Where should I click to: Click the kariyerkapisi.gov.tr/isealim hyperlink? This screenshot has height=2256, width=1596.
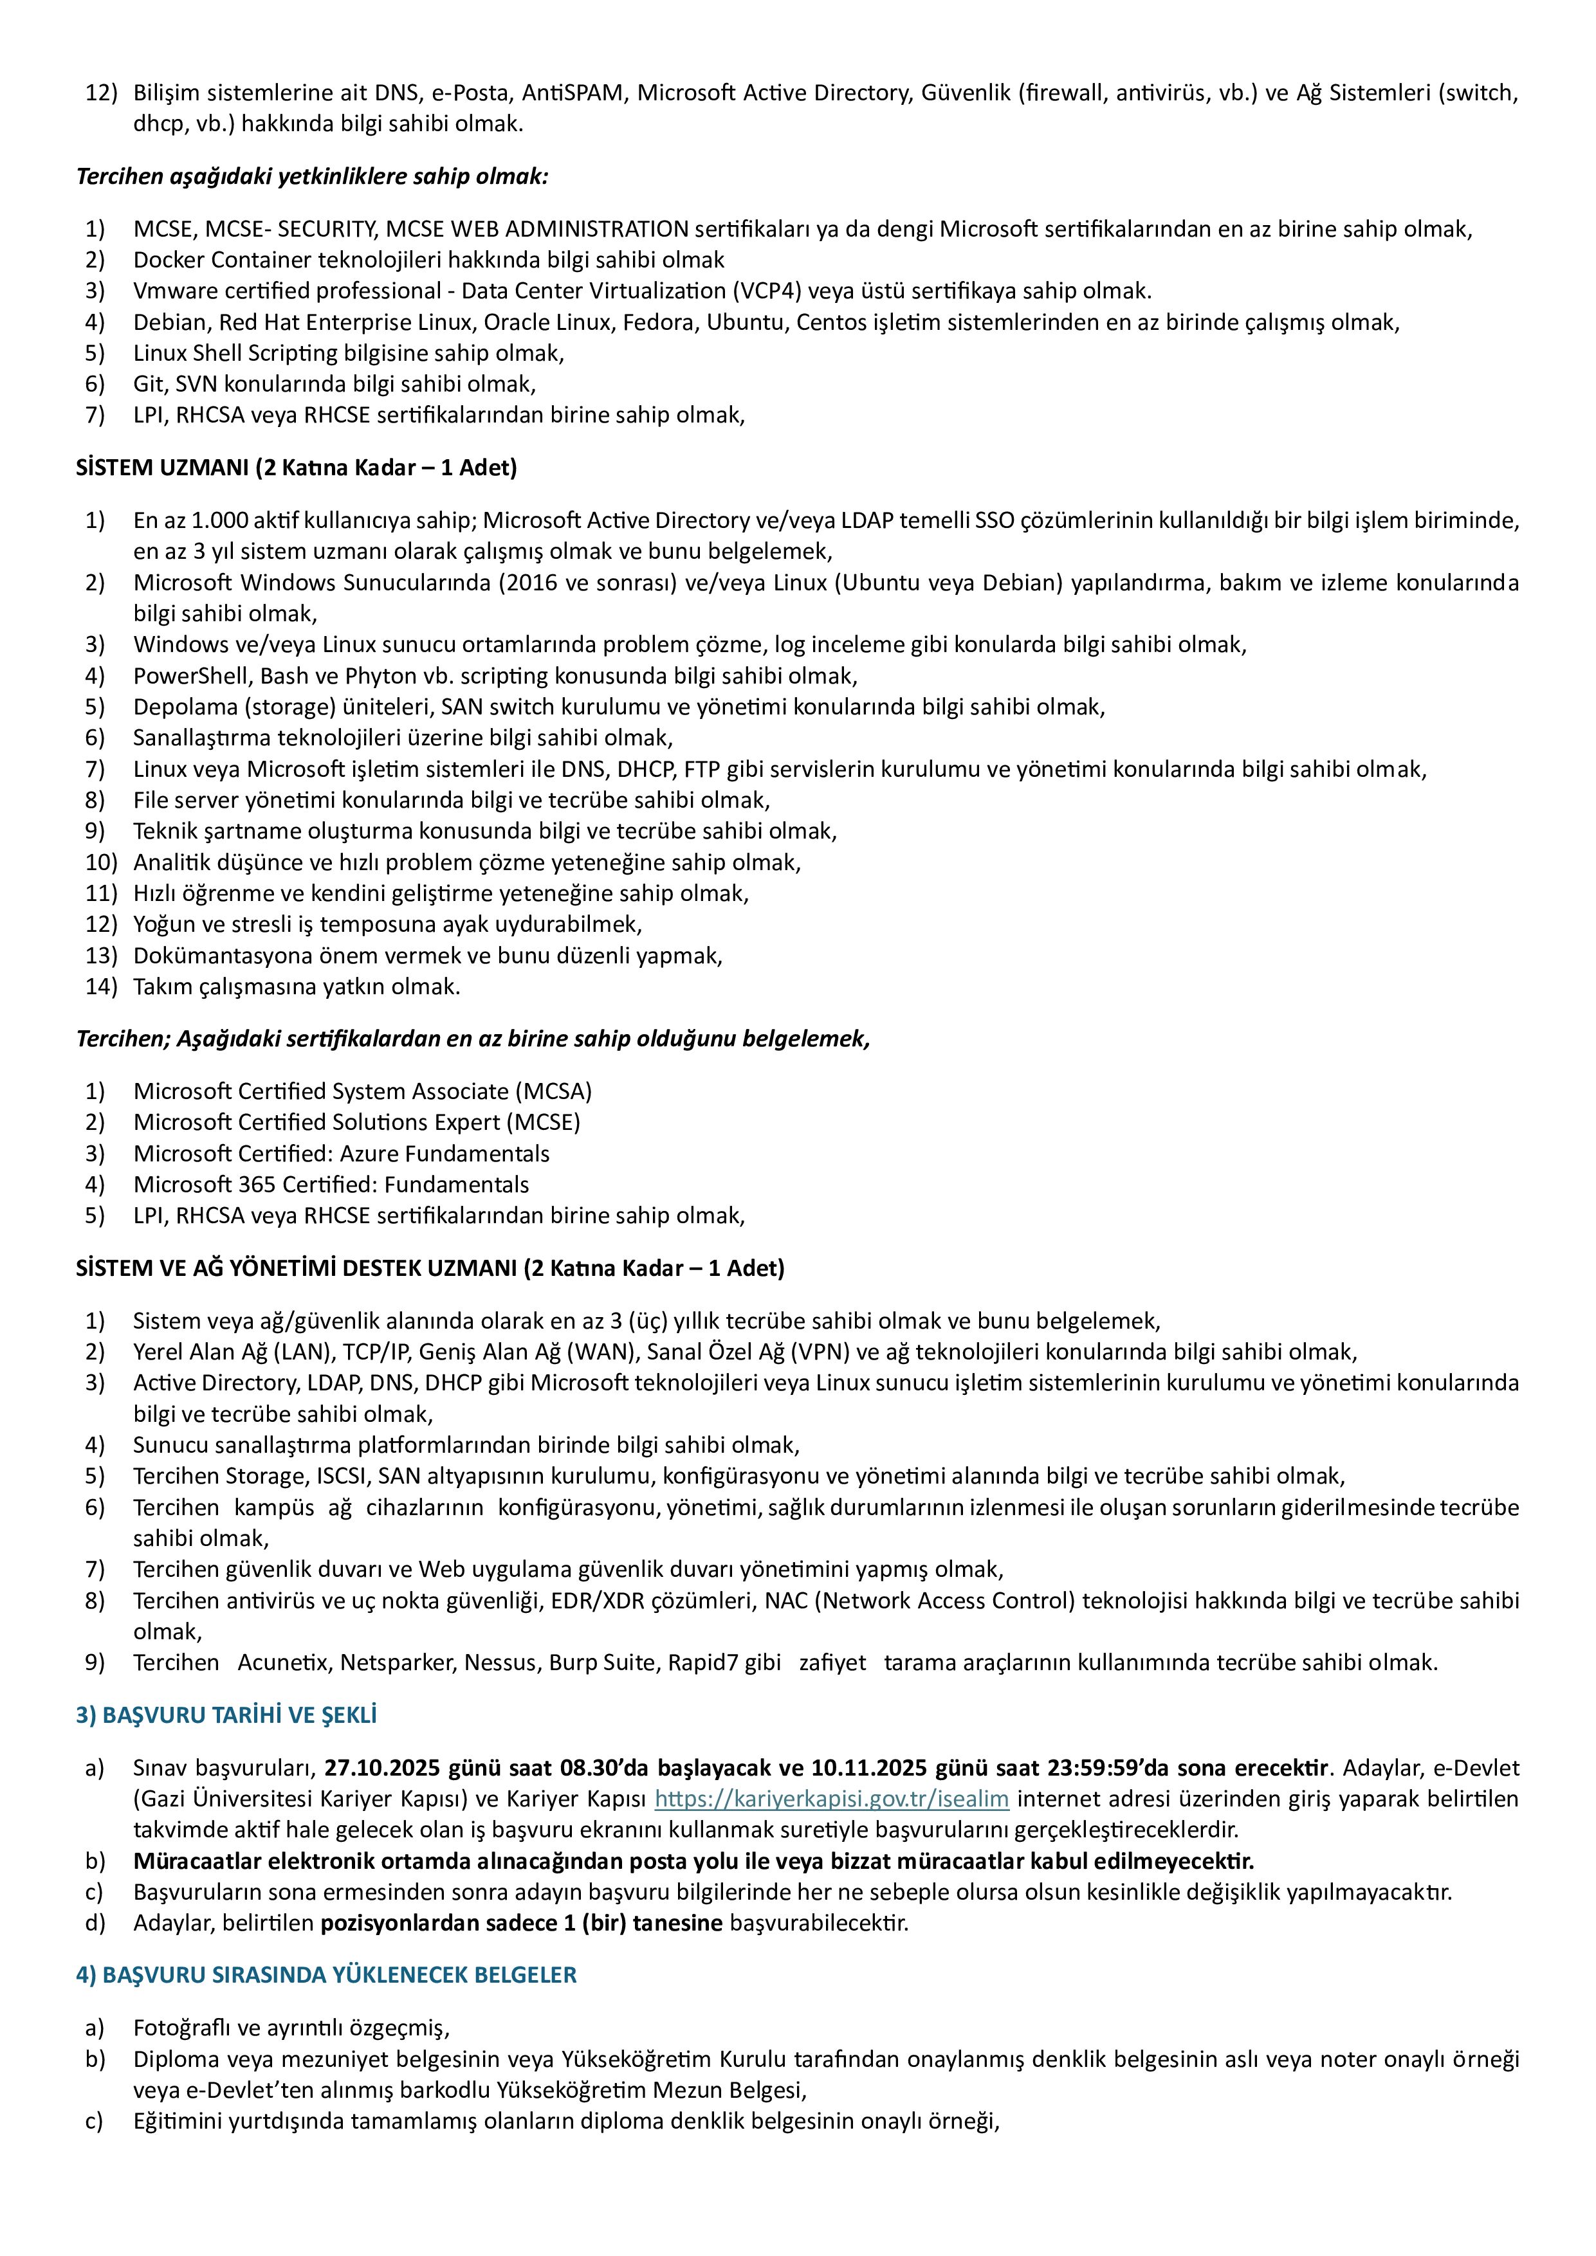coord(831,1799)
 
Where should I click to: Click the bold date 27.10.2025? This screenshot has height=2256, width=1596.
coord(382,1769)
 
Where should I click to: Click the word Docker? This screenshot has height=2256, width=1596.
coord(168,260)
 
